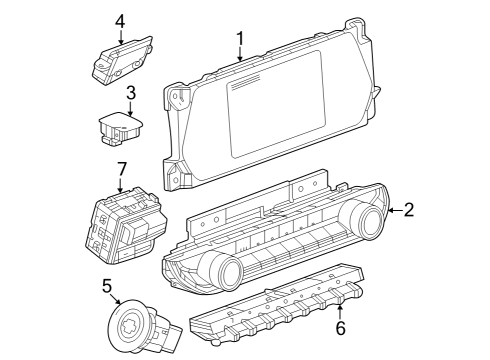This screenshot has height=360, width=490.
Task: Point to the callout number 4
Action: (120, 20)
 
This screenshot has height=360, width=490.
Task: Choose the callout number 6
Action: (339, 326)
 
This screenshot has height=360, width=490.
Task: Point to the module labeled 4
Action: (121, 62)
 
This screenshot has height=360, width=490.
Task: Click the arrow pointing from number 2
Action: (394, 210)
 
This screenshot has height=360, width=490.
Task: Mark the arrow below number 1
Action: (240, 55)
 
